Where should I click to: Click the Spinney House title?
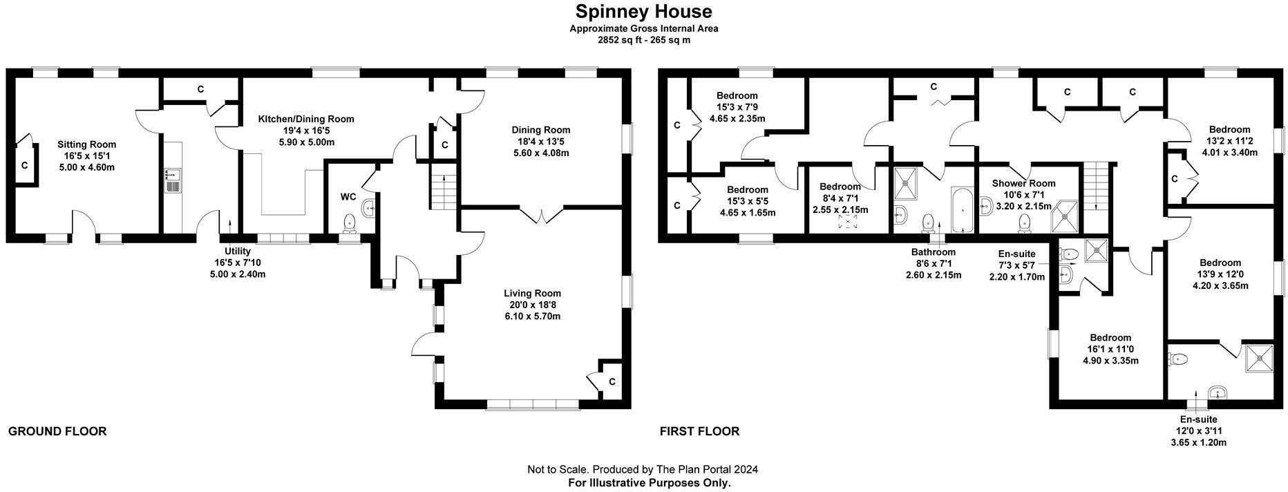coord(643,12)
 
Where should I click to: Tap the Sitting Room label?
coord(86,144)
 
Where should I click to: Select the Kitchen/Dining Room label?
coord(305,119)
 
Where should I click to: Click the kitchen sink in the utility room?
coord(172,181)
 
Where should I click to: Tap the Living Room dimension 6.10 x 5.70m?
coord(531,316)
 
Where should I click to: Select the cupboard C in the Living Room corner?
coord(612,381)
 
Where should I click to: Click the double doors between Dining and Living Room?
coord(544,215)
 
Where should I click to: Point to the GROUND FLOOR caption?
coord(57,431)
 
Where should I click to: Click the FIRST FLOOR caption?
coord(699,431)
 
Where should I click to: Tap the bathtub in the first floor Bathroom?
coord(961,209)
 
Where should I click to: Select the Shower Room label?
coord(1023,183)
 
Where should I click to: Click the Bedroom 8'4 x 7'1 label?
coord(840,187)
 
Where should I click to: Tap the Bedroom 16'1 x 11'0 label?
coord(1110,337)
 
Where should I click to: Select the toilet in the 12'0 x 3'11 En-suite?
coord(1179,359)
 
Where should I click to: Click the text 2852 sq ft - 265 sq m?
coord(643,40)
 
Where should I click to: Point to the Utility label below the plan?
coord(237,252)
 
